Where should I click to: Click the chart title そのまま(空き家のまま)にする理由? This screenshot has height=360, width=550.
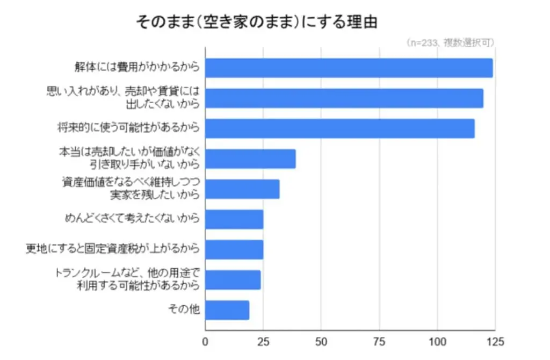257,22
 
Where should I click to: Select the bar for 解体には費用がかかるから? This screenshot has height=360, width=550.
349,68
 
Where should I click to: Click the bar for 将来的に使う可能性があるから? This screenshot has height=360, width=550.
339,128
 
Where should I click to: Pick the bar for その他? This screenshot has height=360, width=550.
227,310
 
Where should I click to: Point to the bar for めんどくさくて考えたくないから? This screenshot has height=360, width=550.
234,219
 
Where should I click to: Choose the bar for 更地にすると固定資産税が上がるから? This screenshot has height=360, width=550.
234,249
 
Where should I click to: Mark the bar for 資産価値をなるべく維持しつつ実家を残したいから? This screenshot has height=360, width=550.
242,189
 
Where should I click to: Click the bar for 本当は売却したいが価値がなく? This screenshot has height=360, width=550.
250,159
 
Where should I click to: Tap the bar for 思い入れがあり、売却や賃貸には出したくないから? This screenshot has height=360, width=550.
344,98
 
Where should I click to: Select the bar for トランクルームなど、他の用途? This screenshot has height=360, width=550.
233,280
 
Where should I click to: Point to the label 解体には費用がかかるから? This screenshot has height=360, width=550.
137,68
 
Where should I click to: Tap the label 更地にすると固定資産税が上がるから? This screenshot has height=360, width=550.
113,249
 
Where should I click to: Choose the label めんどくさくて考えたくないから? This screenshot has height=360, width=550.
132,219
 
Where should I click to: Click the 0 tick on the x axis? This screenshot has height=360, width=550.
205,341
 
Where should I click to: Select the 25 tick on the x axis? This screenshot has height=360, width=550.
263,341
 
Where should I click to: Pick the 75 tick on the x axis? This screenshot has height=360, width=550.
379,341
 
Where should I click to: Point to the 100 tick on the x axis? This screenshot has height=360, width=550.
437,341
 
